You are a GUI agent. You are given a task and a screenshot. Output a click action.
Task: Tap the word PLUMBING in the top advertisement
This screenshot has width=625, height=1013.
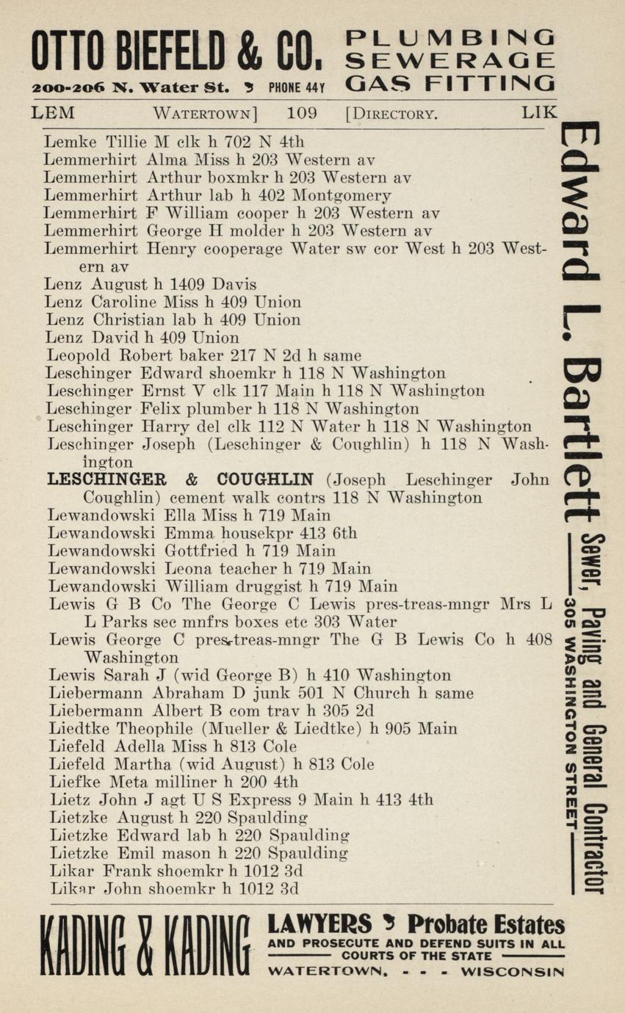coord(450,37)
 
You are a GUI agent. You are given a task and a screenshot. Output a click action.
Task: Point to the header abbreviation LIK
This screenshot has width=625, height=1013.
coord(540,113)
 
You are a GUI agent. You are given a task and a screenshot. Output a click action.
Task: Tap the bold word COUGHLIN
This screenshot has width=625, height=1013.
coord(259,480)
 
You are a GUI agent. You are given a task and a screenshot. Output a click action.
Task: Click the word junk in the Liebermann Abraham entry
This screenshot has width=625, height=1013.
coord(272,693)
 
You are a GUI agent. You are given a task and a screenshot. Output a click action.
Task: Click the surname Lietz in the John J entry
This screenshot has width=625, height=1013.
coord(68,799)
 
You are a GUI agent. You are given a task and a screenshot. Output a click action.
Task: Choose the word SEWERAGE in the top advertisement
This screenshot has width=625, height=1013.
coord(450,60)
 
